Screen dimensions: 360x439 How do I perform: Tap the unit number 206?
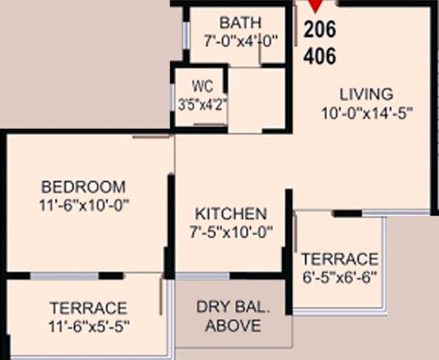point(320,30)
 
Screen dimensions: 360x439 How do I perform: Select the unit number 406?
point(320,57)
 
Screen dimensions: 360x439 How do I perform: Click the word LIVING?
point(366,94)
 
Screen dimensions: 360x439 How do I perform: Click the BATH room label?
point(240,22)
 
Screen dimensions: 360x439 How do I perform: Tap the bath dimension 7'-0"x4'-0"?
point(240,41)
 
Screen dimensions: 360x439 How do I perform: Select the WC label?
point(202,87)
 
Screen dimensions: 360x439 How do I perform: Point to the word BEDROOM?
point(83,187)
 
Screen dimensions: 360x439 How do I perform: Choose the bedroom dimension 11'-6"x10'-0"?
point(84,205)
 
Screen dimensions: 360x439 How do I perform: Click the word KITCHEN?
point(231,214)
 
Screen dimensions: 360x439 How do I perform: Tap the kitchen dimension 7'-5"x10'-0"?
point(231,232)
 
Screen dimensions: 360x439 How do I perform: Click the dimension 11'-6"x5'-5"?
point(89,326)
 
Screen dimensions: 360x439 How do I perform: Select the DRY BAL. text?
point(233,307)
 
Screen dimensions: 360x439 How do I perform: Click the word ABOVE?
point(233,325)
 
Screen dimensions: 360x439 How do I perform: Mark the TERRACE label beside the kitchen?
point(340,259)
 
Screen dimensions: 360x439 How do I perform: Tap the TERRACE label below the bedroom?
point(89,308)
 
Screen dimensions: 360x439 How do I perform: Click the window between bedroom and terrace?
point(65,276)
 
